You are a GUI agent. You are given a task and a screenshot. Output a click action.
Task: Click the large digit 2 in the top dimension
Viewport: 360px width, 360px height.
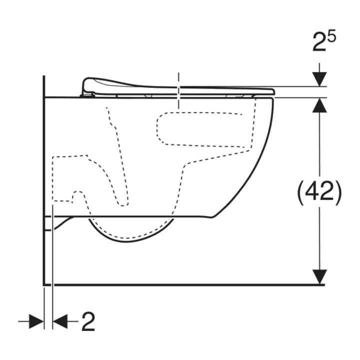click(x=319, y=42)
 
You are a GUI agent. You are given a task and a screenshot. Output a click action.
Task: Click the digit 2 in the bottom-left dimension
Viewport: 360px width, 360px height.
click(x=88, y=322)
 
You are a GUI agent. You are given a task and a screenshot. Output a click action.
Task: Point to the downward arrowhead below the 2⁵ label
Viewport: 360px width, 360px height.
click(x=319, y=79)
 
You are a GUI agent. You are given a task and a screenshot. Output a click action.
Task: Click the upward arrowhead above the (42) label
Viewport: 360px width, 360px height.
click(x=319, y=105)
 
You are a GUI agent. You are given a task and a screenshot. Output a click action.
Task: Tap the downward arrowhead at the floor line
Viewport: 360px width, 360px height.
click(x=319, y=277)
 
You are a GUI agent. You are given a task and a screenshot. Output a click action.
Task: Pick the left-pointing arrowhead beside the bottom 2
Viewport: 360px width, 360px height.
click(x=60, y=321)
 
